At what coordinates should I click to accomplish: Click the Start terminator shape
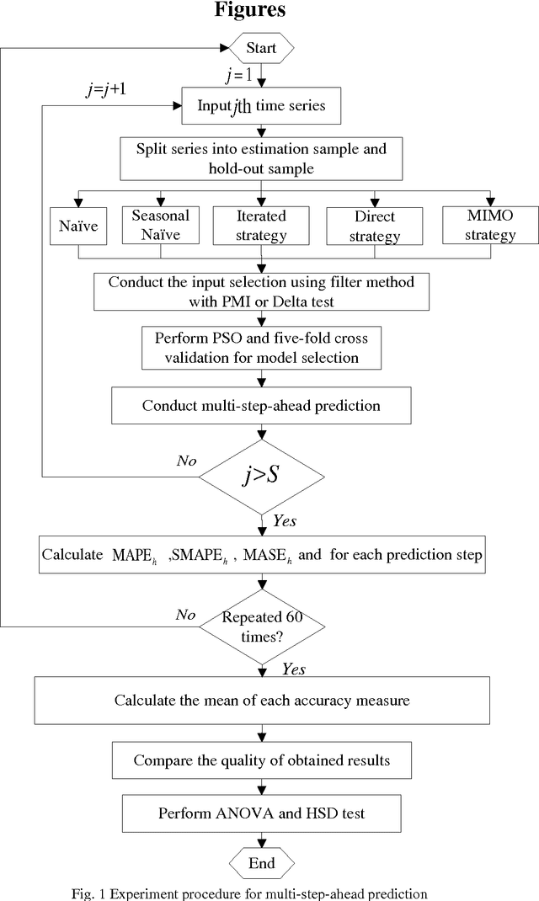point(261,49)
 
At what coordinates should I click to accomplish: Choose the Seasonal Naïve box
point(160,225)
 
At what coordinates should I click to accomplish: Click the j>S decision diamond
point(262,477)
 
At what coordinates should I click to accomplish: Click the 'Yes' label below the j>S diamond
point(284,521)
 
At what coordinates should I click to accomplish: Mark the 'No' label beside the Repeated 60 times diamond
point(186,614)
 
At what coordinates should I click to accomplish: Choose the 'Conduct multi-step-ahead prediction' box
point(261,406)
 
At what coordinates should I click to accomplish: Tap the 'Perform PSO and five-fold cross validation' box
point(261,346)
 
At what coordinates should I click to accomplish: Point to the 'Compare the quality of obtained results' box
point(261,760)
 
